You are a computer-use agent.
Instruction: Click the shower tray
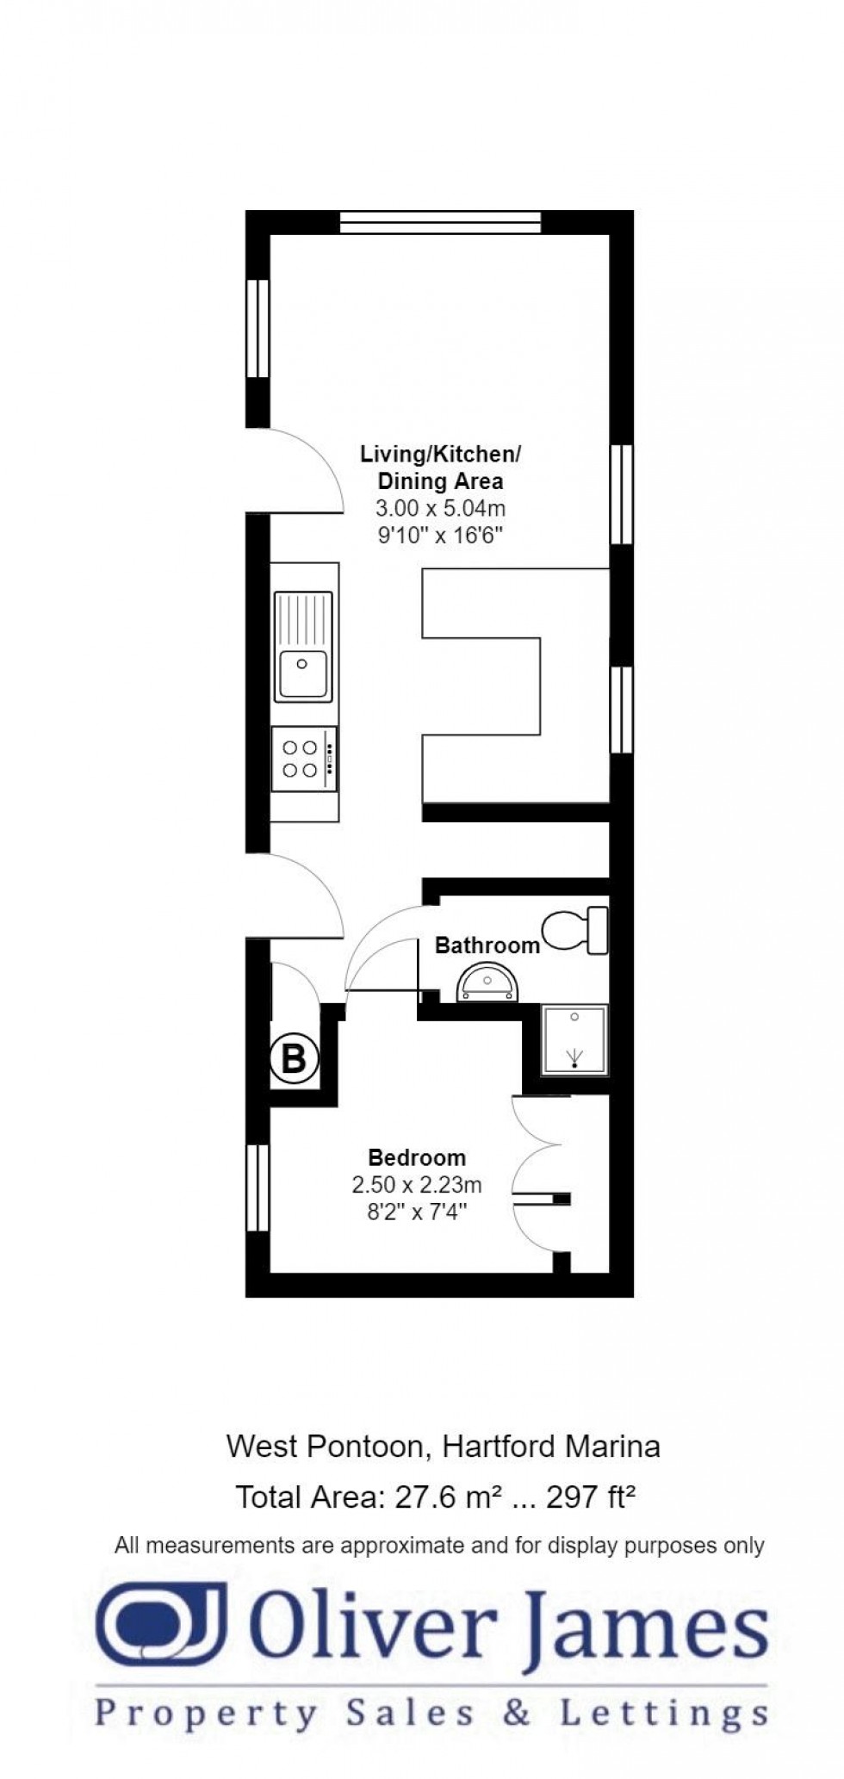(574, 1039)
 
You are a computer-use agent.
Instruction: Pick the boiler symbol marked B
(294, 1057)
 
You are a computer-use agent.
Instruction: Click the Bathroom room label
(487, 945)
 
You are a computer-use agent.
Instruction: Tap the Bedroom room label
(417, 1158)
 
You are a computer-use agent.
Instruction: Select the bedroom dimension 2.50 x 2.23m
(417, 1185)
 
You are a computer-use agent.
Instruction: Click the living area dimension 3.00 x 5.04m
(440, 508)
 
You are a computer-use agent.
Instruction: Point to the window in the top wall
(440, 222)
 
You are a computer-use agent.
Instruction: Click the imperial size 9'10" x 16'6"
(440, 536)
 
